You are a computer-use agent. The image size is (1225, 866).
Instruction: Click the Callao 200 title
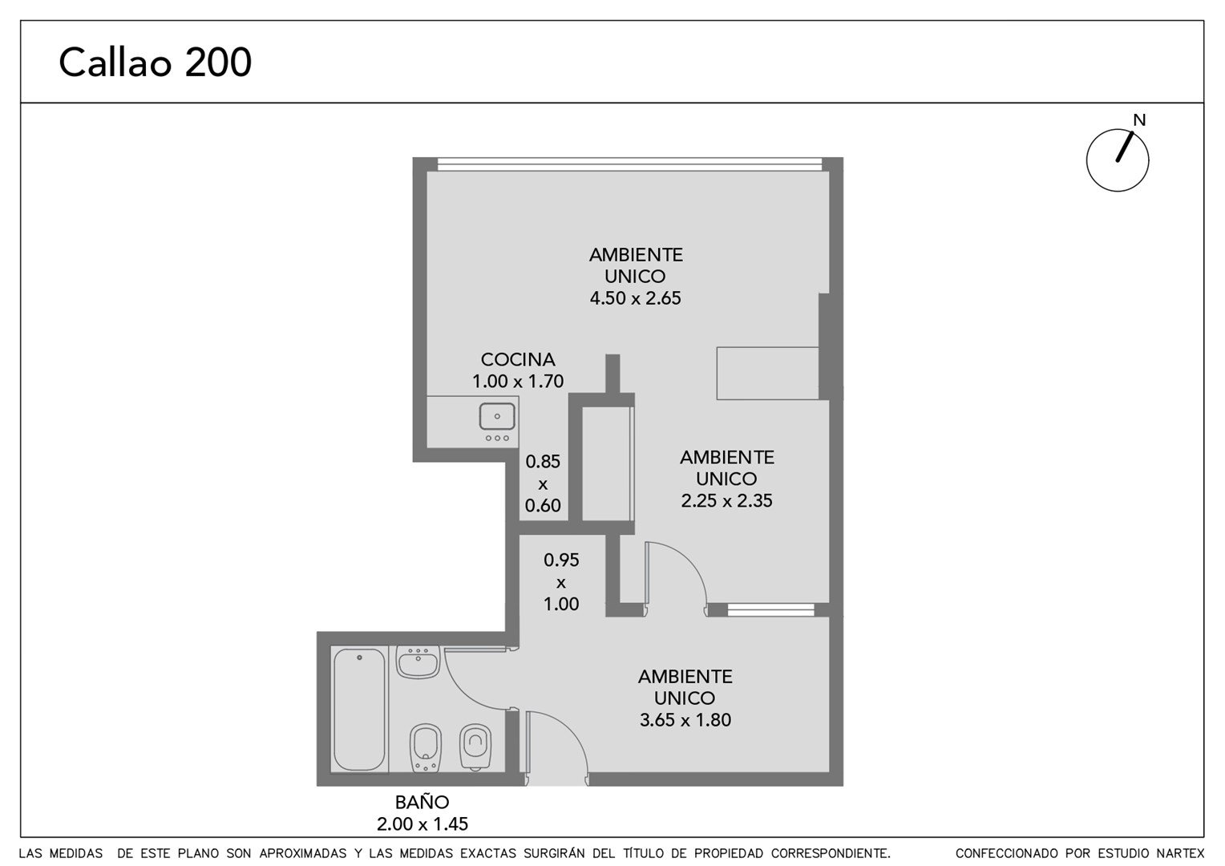pyautogui.click(x=156, y=63)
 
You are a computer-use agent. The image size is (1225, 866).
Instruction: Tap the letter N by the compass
pyautogui.click(x=1139, y=120)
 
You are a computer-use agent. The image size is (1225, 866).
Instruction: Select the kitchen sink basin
pyautogui.click(x=497, y=416)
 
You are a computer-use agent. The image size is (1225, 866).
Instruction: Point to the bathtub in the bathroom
pyautogui.click(x=359, y=710)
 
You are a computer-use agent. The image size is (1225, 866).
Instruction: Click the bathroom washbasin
pyautogui.click(x=418, y=662)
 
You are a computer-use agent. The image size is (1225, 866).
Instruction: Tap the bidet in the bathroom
pyautogui.click(x=426, y=748)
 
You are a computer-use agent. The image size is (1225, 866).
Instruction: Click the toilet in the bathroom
pyautogui.click(x=475, y=747)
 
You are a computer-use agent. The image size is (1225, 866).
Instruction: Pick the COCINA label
pyautogui.click(x=518, y=359)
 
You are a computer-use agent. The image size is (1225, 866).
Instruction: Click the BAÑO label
pyautogui.click(x=422, y=802)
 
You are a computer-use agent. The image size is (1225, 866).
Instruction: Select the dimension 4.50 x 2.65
pyautogui.click(x=636, y=298)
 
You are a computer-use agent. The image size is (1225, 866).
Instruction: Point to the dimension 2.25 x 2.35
pyautogui.click(x=727, y=500)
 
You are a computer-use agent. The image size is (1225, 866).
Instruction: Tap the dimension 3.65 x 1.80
pyautogui.click(x=685, y=719)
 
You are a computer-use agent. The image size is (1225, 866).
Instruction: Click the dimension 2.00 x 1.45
pyautogui.click(x=422, y=824)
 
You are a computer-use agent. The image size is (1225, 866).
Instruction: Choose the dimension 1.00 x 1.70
pyautogui.click(x=518, y=381)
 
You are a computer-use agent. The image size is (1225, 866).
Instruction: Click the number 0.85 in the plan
pyautogui.click(x=543, y=462)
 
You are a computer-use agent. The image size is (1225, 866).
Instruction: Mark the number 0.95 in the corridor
pyautogui.click(x=561, y=560)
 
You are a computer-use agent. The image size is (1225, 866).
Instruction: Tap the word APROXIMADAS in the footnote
pyautogui.click(x=303, y=853)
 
